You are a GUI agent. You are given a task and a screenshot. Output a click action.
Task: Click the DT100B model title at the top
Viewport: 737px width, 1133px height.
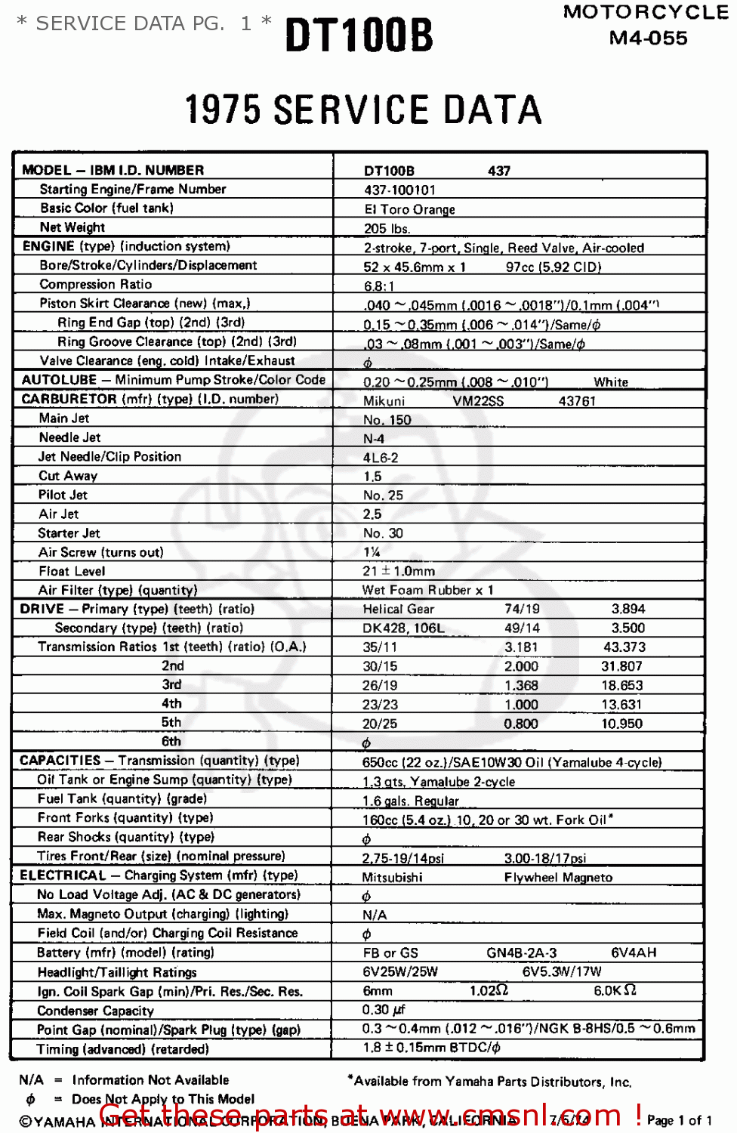coord(359,35)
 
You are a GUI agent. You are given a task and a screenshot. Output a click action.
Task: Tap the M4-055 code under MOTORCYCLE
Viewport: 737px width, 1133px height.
coord(648,38)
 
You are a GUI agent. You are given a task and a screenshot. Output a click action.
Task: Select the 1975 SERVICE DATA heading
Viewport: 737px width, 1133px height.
coord(363,110)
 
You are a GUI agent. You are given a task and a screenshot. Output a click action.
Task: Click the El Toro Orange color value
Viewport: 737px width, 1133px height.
coord(409,209)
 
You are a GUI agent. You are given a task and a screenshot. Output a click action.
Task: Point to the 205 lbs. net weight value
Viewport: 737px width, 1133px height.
coord(387,229)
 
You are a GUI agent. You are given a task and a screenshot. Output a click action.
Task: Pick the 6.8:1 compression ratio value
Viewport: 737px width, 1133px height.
coord(378,286)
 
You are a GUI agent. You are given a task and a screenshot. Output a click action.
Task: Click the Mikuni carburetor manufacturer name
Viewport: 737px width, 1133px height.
coord(384,401)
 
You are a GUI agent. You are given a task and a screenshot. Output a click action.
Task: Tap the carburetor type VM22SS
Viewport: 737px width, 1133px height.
coord(478,401)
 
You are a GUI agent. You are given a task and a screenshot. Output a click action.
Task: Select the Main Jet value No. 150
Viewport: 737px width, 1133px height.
coord(387,420)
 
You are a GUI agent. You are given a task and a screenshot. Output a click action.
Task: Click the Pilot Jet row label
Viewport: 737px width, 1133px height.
coord(63,495)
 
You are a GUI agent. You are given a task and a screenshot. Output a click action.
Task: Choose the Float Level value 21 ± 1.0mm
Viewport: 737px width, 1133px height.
coord(398,571)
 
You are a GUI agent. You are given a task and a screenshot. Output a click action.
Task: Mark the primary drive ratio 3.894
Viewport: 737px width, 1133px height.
coord(628,609)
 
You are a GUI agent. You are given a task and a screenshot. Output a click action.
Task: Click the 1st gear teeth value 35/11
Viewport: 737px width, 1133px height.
coord(379,647)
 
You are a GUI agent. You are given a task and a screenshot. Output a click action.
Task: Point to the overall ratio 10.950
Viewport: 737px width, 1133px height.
coord(621,724)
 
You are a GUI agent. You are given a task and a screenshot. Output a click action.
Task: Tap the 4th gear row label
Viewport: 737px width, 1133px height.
coord(171,703)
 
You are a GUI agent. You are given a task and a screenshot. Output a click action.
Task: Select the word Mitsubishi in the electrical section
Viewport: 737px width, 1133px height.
coord(392,877)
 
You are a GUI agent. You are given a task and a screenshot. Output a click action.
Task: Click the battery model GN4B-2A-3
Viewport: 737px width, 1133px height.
coord(521,952)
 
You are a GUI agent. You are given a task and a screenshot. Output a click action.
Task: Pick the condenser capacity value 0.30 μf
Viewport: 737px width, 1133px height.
coord(384,1010)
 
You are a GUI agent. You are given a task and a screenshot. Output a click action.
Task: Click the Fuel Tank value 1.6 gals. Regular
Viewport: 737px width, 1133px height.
coord(410,801)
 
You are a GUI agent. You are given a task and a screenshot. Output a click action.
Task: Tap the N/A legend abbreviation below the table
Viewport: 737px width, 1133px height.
coord(31,1080)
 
